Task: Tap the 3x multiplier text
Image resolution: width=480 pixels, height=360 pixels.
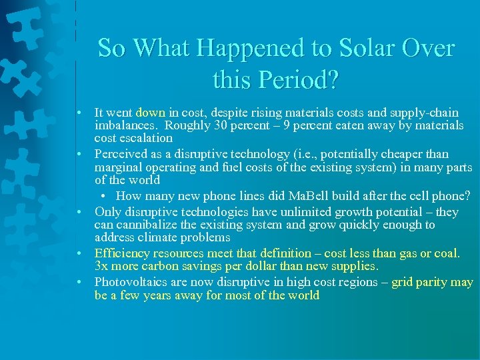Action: pos(101,266)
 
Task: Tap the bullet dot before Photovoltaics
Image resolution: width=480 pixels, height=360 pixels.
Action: pos(79,283)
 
